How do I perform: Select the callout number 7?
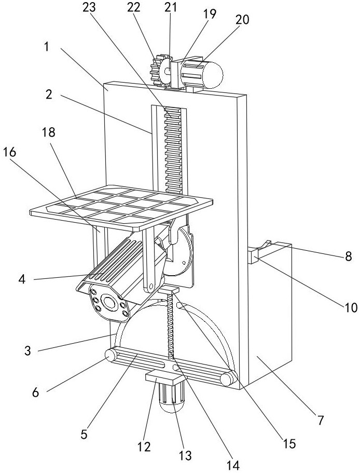[x=320, y=420]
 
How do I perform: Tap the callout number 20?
[x=242, y=20]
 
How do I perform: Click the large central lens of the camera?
[x=109, y=301]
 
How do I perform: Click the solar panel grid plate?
[x=122, y=207]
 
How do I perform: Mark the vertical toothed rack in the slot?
[x=172, y=151]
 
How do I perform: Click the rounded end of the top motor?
[x=213, y=75]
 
